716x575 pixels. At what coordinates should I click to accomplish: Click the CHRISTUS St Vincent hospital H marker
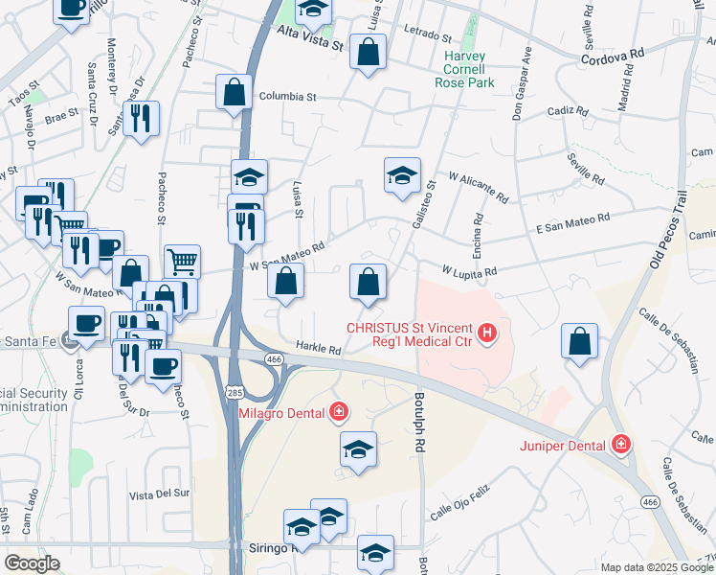[x=487, y=333]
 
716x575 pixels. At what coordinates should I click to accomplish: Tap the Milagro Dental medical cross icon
[x=338, y=412]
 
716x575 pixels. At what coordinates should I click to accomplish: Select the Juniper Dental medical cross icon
[x=621, y=445]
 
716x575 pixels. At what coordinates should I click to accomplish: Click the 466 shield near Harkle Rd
[x=275, y=358]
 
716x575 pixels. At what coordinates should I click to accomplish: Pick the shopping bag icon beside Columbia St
[x=234, y=94]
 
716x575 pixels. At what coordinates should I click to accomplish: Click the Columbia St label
[x=286, y=97]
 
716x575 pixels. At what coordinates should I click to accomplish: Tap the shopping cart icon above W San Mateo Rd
[x=182, y=260]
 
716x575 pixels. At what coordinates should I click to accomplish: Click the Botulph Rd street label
[x=419, y=422]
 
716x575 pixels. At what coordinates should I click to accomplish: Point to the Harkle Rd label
[x=318, y=350]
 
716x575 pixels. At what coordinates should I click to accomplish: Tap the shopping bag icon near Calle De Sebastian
[x=580, y=341]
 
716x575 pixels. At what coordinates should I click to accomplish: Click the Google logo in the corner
[x=32, y=563]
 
